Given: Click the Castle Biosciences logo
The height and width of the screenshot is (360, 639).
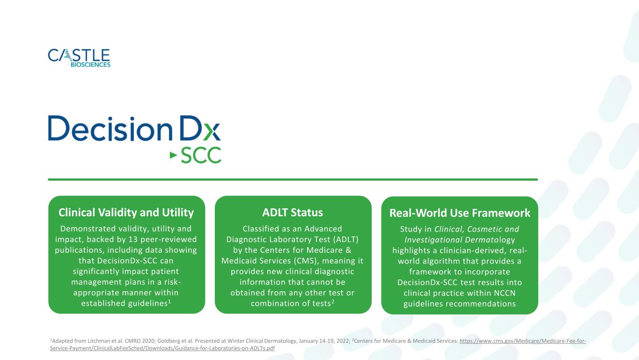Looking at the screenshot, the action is point(79,58).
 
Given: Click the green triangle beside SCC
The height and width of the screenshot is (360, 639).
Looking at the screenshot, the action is point(173,155).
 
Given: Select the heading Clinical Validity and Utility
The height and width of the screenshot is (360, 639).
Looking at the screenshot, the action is point(126,213).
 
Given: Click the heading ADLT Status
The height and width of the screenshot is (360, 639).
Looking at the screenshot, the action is point(293,213).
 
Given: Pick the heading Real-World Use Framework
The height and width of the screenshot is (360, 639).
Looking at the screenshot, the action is point(460,213).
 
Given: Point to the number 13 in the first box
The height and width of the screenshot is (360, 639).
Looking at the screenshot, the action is point(133,239).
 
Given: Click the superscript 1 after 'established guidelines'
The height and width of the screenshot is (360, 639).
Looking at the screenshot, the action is point(169,301).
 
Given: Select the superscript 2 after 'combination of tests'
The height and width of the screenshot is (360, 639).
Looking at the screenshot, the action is point(333,301).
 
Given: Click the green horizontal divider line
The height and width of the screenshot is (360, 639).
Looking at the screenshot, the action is point(293,179).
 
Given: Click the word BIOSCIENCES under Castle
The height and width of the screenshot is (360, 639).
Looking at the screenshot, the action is point(90,65).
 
